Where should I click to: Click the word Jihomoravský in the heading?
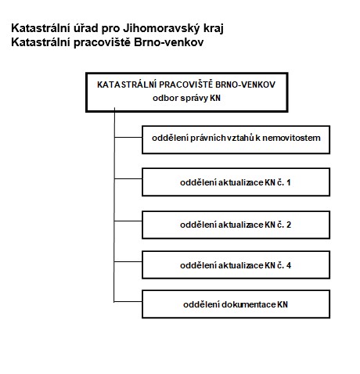160,28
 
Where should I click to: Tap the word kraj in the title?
213,28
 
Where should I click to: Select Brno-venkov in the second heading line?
168,42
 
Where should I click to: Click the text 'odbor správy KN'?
186,98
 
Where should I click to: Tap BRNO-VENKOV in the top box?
246,85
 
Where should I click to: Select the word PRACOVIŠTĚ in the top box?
186,85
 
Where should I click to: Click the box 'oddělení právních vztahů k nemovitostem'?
236,140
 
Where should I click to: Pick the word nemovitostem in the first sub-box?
291,138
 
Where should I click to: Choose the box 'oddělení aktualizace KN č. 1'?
236,182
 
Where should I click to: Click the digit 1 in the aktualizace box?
288,182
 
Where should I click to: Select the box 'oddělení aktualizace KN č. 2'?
236,225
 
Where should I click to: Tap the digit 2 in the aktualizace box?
289,225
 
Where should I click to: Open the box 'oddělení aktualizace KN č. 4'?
236,264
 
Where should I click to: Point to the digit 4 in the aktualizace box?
289,265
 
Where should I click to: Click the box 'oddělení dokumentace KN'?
236,304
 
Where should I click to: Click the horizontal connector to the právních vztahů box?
128,137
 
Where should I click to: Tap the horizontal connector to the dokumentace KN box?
128,302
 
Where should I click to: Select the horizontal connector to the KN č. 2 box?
128,221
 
